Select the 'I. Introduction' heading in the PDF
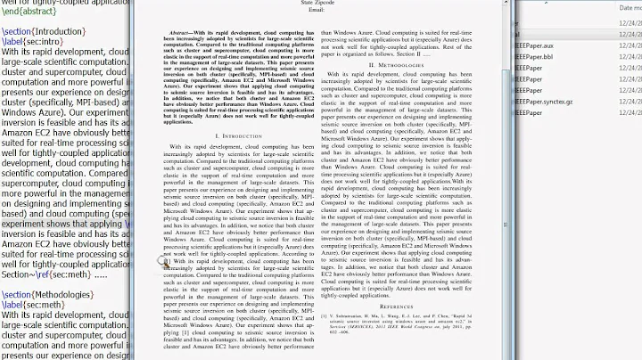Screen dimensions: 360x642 [239, 136]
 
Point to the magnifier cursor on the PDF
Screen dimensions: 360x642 [163, 261]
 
